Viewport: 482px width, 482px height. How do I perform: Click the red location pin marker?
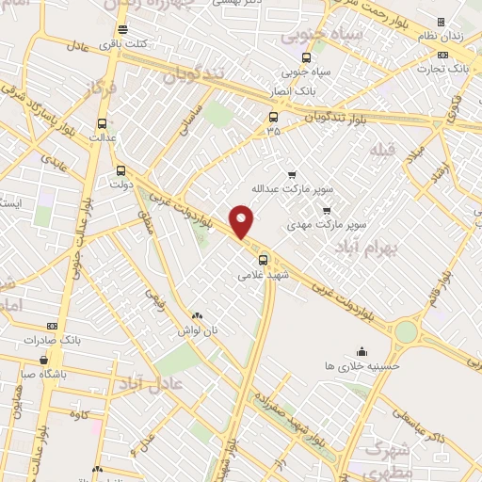point(242,220)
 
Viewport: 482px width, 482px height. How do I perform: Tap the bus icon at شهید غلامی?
point(263,260)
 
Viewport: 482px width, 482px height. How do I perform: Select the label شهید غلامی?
point(262,276)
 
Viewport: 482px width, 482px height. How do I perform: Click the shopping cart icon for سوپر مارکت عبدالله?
point(292,175)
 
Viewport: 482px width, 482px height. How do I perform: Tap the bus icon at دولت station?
point(120,171)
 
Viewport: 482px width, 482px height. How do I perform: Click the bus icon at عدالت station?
point(102,122)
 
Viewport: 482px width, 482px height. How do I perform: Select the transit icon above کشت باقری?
point(122,30)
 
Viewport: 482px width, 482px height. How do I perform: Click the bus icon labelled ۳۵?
point(273,117)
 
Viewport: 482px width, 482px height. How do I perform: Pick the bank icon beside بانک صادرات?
point(51,325)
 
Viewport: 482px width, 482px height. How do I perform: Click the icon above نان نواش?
point(197,317)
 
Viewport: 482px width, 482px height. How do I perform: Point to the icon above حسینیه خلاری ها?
point(361,352)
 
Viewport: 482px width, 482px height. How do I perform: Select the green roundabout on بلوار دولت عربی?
point(406,330)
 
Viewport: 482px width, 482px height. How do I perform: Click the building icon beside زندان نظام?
point(441,23)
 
